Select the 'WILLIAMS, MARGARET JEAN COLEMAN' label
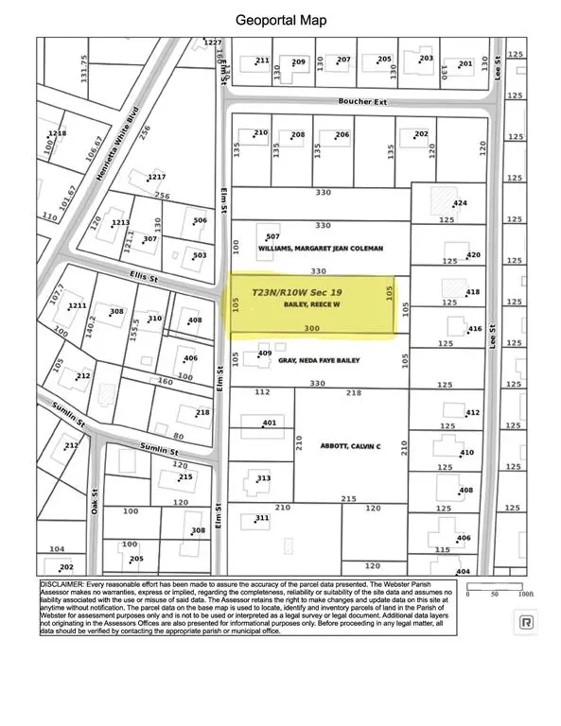pyautogui.click(x=320, y=249)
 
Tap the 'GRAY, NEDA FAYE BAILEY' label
pyautogui.click(x=319, y=360)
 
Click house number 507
pyautogui.click(x=272, y=236)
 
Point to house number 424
pyautogui.click(x=461, y=204)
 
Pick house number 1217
pyautogui.click(x=156, y=178)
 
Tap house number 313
pyautogui.click(x=263, y=478)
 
